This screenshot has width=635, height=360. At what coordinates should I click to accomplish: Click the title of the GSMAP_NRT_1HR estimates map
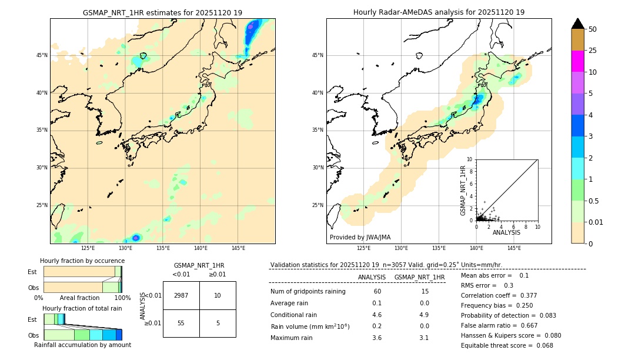tap(162, 12)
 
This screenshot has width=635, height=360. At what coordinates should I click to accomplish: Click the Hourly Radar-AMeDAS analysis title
tap(439, 12)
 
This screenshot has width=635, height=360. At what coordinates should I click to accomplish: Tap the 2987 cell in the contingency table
tap(181, 295)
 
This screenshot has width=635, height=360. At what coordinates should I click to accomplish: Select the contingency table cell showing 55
tap(181, 323)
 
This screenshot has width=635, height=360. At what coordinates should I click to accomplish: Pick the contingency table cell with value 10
tap(218, 295)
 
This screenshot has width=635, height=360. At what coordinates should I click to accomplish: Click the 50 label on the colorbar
tap(593, 29)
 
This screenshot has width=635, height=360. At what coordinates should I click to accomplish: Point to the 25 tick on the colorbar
tap(593, 51)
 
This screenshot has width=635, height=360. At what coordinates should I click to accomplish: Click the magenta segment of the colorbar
tap(577, 61)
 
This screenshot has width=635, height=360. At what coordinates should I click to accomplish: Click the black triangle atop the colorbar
tap(577, 24)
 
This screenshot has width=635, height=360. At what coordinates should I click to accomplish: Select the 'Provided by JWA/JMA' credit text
tap(360, 238)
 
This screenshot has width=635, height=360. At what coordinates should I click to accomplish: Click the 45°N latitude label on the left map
tap(42, 55)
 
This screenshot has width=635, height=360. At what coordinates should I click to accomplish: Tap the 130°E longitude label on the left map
tap(125, 248)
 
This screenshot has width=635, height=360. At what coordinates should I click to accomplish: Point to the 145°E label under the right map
tap(514, 248)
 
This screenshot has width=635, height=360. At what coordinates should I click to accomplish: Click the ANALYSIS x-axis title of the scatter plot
tap(506, 232)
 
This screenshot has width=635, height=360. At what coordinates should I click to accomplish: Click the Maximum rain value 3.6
tap(377, 338)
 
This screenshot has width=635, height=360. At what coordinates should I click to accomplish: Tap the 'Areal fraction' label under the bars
tap(79, 298)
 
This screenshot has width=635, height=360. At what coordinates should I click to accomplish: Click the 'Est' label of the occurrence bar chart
tap(32, 272)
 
